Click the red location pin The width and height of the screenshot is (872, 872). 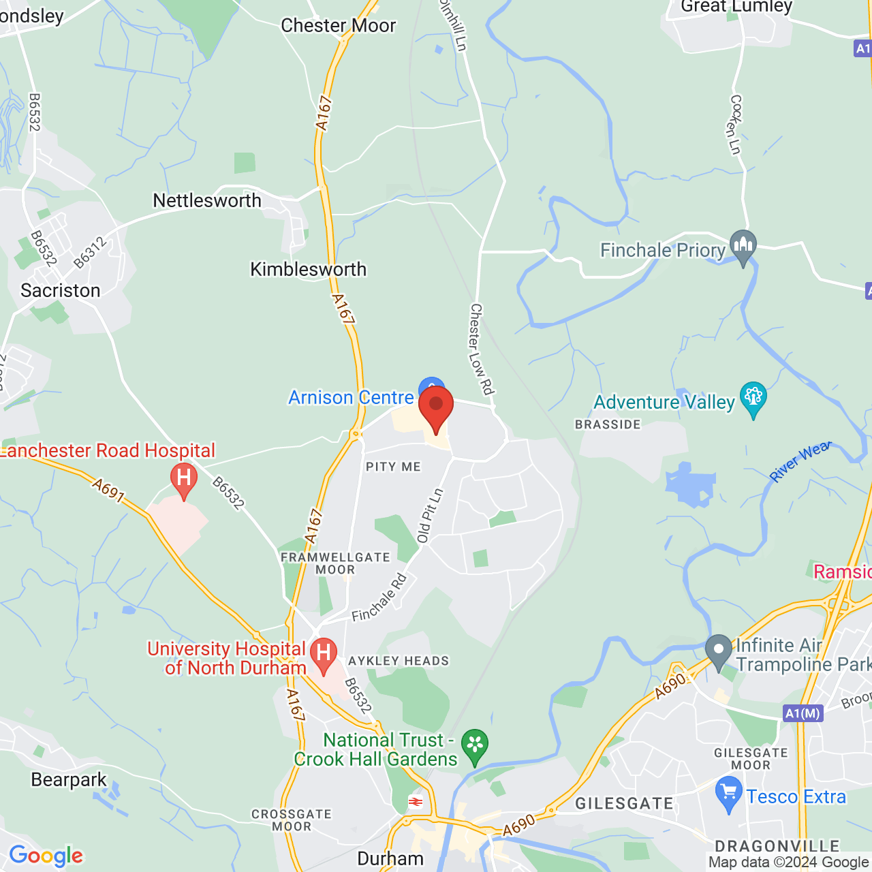[436, 407]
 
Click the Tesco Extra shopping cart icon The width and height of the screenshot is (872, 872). [729, 795]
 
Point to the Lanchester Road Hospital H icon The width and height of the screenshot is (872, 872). [183, 479]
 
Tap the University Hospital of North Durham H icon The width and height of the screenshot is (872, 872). [324, 654]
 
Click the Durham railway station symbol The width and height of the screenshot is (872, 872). [416, 802]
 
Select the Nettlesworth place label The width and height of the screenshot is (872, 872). [207, 200]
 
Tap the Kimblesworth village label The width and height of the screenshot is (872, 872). [308, 269]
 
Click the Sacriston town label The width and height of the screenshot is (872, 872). [61, 290]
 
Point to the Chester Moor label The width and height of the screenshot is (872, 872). [338, 25]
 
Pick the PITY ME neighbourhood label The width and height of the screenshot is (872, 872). [393, 467]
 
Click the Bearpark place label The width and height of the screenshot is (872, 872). [69, 779]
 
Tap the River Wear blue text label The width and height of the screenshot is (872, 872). [800, 461]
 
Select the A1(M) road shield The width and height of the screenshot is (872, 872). [803, 713]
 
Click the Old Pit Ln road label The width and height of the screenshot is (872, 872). [431, 515]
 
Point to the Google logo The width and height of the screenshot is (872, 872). [46, 856]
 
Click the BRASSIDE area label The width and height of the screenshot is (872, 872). [608, 424]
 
